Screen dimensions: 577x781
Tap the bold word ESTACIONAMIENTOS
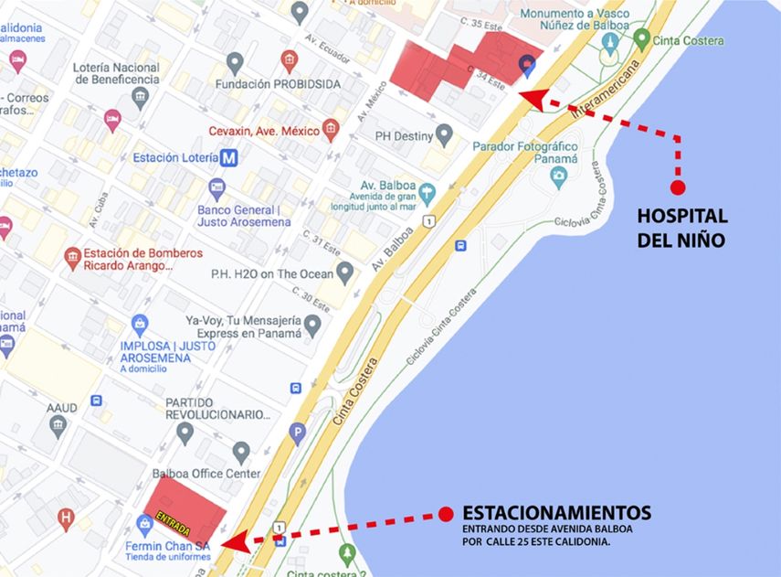(x=556, y=512)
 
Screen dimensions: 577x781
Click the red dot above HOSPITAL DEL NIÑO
(x=678, y=187)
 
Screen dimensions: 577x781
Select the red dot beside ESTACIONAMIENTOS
(x=446, y=514)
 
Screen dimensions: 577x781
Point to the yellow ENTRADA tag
(x=173, y=523)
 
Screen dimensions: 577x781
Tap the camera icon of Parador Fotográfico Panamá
(x=559, y=178)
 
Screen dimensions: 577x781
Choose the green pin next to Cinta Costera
(x=642, y=39)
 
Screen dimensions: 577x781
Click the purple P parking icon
(x=297, y=433)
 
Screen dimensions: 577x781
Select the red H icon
(x=66, y=520)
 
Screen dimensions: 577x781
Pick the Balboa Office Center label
(x=206, y=474)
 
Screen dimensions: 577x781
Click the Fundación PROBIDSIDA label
(x=277, y=84)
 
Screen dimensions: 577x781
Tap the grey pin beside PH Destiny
(x=445, y=136)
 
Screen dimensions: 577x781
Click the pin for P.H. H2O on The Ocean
(x=344, y=272)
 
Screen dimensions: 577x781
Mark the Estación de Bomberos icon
(x=72, y=260)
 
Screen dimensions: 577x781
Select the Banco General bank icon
(x=217, y=189)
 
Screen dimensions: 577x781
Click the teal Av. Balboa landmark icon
(x=427, y=194)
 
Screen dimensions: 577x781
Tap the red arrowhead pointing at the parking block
(x=234, y=541)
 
